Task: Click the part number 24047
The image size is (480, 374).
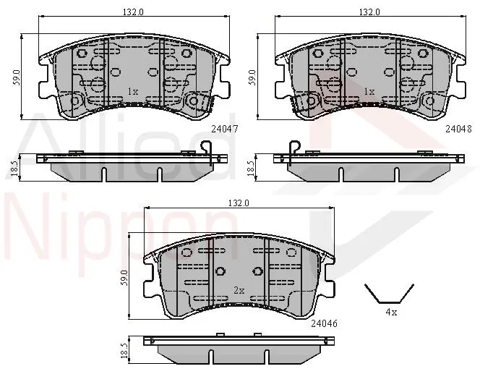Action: click(225, 129)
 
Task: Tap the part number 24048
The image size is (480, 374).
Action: click(458, 129)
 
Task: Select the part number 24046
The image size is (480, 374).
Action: click(324, 323)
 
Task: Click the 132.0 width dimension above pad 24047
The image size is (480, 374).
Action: click(133, 12)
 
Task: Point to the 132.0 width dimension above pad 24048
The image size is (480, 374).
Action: click(369, 12)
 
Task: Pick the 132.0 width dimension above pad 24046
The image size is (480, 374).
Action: click(239, 203)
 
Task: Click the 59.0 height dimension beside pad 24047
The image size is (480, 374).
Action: click(17, 78)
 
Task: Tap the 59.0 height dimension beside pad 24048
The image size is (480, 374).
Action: click(252, 78)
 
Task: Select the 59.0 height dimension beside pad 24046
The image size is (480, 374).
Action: click(124, 278)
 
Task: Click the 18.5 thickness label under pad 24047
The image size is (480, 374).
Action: click(14, 169)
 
